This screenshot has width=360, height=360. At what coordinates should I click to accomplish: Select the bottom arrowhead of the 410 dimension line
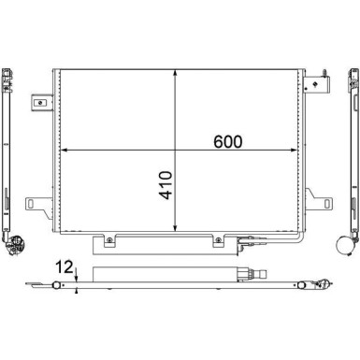coord(177,226)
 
